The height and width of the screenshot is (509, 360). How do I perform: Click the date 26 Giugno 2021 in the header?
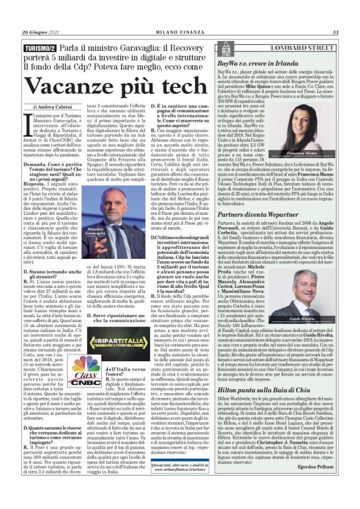(x=40, y=32)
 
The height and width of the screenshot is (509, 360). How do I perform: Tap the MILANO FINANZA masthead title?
(x=179, y=32)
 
